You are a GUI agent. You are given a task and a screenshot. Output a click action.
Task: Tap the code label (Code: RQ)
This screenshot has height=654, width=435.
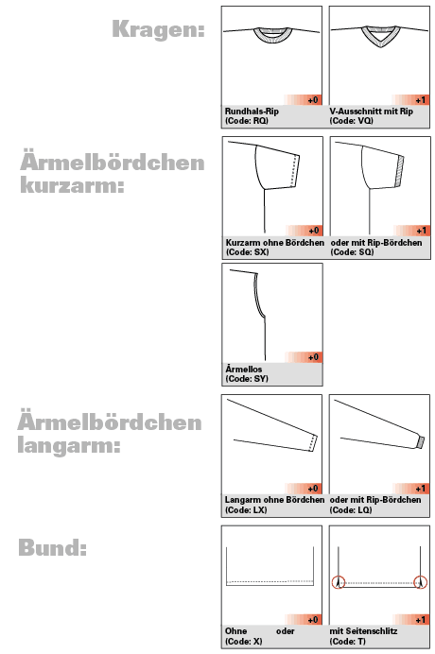click(x=247, y=121)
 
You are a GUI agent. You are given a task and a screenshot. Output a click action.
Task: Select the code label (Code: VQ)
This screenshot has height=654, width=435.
click(x=353, y=121)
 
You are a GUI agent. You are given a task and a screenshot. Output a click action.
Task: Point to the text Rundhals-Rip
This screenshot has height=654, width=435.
click(x=252, y=111)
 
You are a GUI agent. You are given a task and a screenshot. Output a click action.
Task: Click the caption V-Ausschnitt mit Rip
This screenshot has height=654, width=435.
click(x=373, y=111)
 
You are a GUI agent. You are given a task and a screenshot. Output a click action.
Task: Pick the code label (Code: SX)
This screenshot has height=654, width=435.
click(x=247, y=252)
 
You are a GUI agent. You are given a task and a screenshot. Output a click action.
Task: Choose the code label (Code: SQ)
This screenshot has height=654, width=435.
click(x=353, y=252)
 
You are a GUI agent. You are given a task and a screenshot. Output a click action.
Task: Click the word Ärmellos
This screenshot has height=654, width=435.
click(x=243, y=369)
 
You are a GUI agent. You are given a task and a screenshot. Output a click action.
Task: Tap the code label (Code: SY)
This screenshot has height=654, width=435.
click(x=247, y=378)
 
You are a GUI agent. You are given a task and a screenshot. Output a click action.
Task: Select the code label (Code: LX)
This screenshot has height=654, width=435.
click(x=247, y=509)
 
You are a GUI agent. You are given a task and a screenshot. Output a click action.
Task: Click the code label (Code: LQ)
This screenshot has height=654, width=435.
click(x=353, y=509)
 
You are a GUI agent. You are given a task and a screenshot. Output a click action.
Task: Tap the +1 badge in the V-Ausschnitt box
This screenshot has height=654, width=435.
click(x=422, y=99)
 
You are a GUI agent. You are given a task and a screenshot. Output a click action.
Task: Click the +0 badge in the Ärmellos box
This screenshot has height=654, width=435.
click(x=315, y=357)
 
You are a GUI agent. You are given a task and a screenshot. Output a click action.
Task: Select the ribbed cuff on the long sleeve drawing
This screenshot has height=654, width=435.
click(x=415, y=440)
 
